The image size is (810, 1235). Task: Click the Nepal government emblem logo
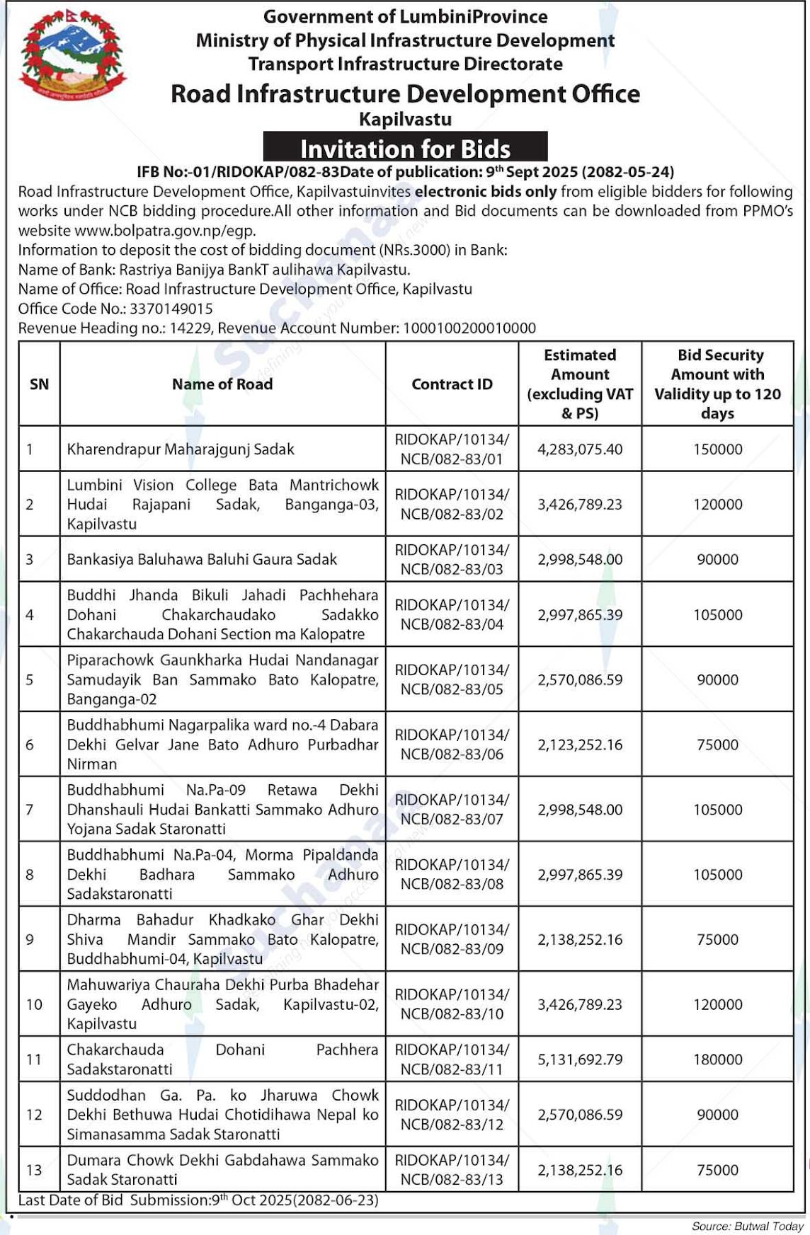72,55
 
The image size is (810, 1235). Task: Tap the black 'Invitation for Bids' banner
405,147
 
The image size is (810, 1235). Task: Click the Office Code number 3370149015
171,309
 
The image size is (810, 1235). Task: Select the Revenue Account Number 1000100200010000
469,328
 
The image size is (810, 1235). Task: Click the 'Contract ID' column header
452,384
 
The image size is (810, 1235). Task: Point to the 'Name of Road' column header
222,384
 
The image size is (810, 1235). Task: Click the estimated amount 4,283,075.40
580,449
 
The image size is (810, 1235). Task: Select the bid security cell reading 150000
717,449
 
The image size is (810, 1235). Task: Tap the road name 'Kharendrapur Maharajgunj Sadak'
181,449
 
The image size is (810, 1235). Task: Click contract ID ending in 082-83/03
452,559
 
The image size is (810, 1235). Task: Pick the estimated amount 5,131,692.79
580,1059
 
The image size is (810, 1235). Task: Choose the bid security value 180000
717,1059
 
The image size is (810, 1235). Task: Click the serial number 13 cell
34,1170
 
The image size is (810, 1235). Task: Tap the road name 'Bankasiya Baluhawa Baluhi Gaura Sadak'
202,559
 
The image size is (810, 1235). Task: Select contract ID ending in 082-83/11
452,1059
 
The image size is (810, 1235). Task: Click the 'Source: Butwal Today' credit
748,1226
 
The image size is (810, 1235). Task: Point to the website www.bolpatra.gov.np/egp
165,231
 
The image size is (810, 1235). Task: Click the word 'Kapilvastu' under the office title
405,119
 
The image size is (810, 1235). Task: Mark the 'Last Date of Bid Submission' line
198,1200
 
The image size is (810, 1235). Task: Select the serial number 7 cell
30,810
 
